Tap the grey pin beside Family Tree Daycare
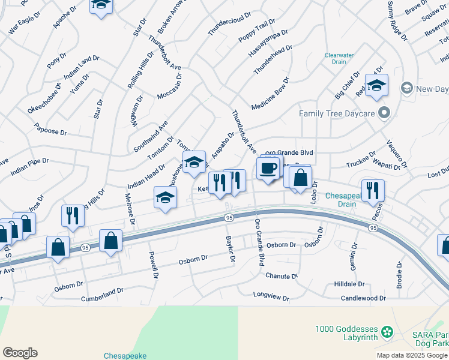tap(385, 113)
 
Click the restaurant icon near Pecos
tap(373, 190)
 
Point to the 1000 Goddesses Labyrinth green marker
tap(388, 331)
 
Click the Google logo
tap(20, 353)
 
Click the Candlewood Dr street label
tap(363, 298)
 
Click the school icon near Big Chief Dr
tap(376, 86)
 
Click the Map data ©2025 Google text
tap(411, 355)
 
